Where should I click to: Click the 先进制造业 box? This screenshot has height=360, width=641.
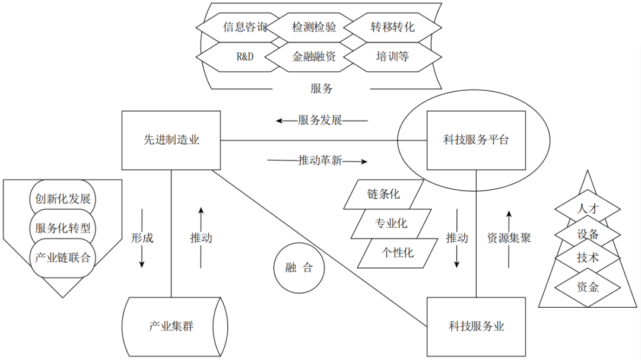[x=171, y=141]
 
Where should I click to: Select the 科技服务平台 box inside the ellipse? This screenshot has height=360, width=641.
[x=476, y=141]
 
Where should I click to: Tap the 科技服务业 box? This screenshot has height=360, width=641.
[x=476, y=326]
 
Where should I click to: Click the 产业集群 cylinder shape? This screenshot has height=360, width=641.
[x=174, y=326]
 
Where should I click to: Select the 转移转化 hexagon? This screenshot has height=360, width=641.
[x=392, y=27]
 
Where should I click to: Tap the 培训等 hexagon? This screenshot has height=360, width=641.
[x=392, y=57]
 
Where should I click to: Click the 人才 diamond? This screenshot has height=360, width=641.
[x=588, y=209]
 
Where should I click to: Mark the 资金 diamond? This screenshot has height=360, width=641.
[x=588, y=288]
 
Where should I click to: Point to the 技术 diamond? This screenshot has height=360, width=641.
[x=588, y=259]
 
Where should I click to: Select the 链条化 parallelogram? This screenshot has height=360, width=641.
[x=383, y=194]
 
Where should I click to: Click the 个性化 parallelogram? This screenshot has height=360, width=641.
[x=397, y=253]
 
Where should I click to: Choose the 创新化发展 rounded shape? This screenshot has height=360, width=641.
[x=62, y=199]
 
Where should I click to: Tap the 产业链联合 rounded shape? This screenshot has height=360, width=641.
[x=62, y=257]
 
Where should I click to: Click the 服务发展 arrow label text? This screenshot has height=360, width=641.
[x=320, y=121]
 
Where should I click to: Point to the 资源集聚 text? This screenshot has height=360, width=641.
[x=509, y=238]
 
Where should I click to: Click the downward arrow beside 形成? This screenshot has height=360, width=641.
[x=142, y=237]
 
